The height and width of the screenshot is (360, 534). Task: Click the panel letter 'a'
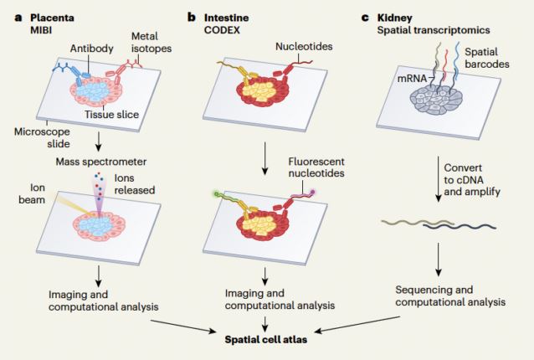pos(8,16)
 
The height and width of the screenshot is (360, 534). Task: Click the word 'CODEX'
pos(224,30)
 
